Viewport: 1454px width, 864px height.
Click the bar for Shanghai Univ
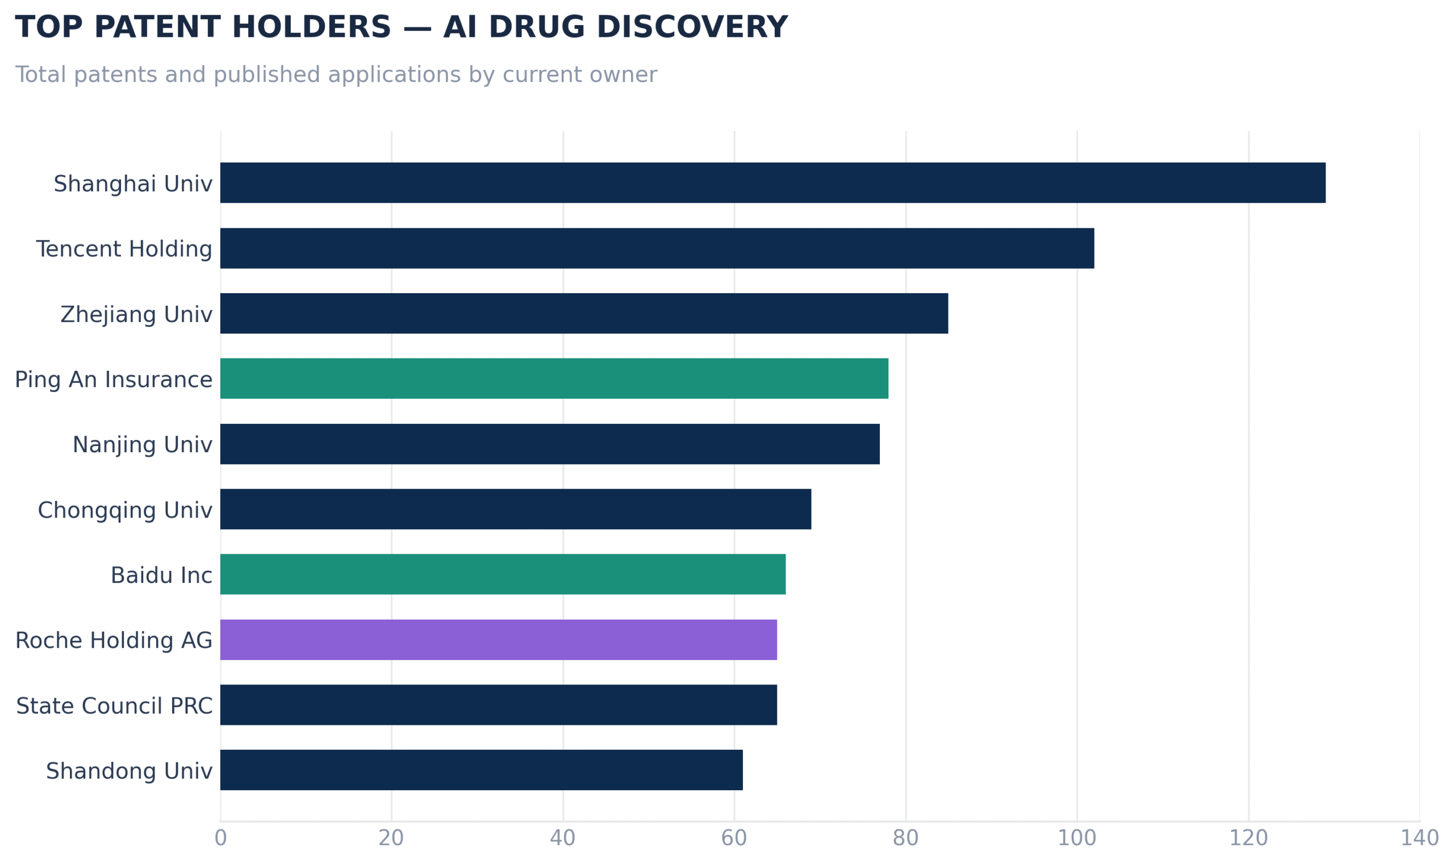(773, 183)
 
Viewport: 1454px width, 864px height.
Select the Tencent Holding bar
(657, 248)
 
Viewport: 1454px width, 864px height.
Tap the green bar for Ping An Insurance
(554, 378)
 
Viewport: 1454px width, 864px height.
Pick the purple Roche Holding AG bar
(499, 640)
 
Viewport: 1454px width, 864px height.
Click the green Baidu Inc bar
(503, 575)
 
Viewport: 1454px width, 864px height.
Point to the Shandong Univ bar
(482, 770)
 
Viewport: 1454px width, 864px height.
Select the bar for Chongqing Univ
(516, 509)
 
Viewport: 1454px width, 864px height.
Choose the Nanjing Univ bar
(550, 444)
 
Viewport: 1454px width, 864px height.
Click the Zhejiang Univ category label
(136, 314)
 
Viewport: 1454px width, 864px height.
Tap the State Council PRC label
(114, 706)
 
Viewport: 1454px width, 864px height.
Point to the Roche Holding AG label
(114, 640)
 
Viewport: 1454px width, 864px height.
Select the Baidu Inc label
(161, 575)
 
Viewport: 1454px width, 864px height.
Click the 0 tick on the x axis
(220, 838)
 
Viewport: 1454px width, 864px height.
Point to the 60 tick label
(734, 838)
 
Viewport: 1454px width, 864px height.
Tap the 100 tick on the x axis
(1077, 838)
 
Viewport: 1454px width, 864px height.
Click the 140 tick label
(1420, 838)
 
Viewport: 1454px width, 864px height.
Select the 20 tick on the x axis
(391, 838)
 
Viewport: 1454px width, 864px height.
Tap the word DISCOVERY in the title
(692, 27)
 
